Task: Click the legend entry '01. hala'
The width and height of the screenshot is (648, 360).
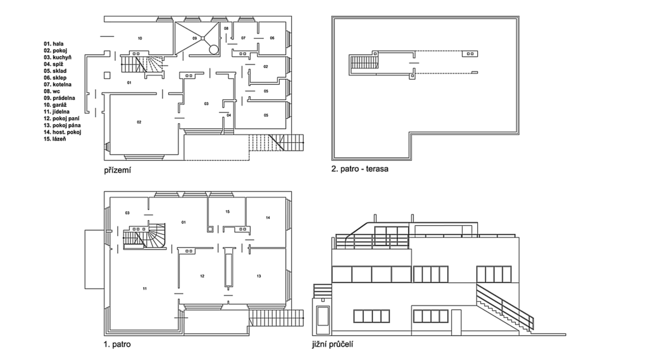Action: tap(54, 44)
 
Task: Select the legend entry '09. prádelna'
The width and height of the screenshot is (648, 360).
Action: tap(59, 98)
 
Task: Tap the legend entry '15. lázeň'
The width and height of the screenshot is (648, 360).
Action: tap(55, 139)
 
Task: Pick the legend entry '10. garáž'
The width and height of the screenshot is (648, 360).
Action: tap(56, 105)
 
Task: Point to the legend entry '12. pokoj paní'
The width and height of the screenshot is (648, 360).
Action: tap(61, 118)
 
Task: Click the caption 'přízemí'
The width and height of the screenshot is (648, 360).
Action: tap(117, 170)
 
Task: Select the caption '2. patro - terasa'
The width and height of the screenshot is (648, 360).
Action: tap(360, 169)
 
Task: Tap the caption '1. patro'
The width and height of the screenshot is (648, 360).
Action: tap(117, 344)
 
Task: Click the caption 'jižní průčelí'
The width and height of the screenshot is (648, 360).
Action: tap(333, 344)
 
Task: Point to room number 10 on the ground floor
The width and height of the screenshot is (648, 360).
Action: tap(140, 39)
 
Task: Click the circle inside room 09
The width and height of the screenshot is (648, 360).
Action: tap(213, 49)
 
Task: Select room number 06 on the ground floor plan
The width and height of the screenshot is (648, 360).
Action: tap(272, 38)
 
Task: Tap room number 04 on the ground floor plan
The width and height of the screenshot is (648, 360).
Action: tap(228, 115)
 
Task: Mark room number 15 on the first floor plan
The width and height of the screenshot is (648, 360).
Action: tap(227, 211)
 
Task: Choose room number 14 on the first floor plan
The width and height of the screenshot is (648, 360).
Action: tap(268, 218)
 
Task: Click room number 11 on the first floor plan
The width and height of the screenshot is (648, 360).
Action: tap(145, 289)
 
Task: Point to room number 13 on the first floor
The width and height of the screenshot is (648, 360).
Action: tap(259, 276)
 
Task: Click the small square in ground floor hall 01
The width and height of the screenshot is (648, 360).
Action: tap(107, 75)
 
